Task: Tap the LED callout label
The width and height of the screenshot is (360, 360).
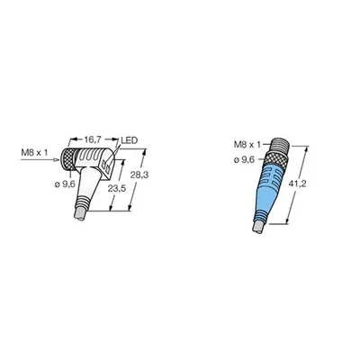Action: click(129, 140)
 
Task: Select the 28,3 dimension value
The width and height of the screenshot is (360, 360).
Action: click(139, 175)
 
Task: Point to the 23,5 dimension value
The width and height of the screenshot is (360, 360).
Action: click(117, 188)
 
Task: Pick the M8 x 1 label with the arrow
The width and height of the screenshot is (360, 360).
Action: click(34, 153)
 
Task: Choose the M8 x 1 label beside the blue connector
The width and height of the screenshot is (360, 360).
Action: click(247, 145)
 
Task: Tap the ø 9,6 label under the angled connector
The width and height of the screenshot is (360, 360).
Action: click(65, 184)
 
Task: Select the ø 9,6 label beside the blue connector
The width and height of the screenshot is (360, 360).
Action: click(244, 160)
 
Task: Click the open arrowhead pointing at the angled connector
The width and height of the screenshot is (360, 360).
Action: click(56, 160)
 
